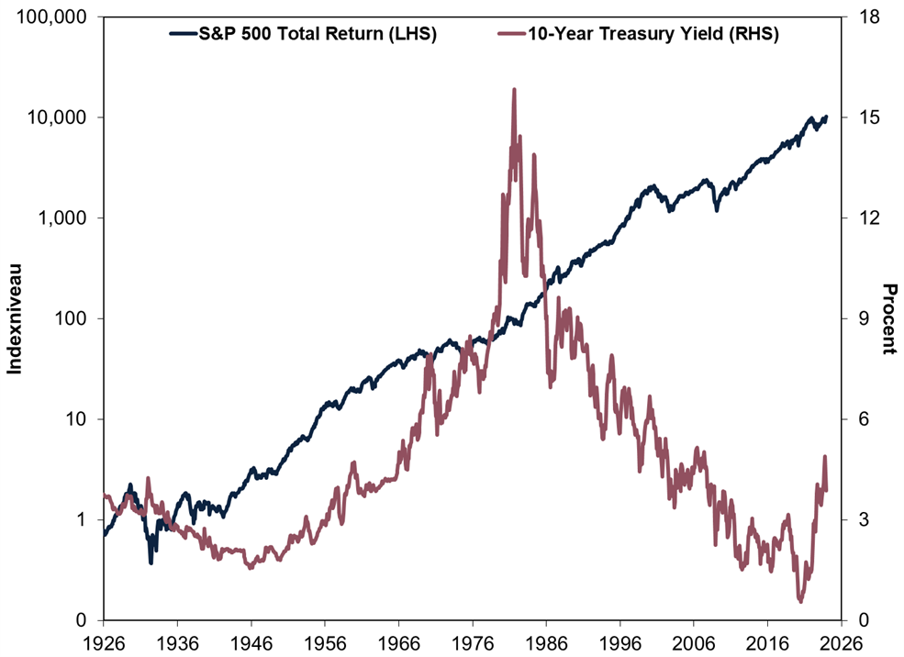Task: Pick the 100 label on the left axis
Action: (74, 318)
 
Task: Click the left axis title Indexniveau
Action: (16, 318)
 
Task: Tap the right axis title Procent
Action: (888, 318)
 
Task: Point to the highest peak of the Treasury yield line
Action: (514, 90)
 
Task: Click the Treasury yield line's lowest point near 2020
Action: (800, 601)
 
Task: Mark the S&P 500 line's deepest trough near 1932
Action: (151, 562)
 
